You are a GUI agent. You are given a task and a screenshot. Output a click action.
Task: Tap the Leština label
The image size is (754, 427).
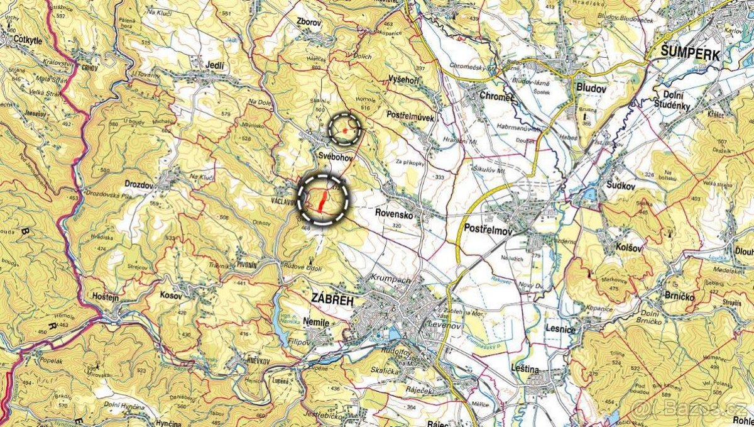[x=525, y=370]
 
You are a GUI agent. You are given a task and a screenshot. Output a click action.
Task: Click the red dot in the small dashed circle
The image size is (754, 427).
[x=345, y=130]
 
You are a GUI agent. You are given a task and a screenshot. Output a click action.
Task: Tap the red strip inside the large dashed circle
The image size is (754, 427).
[x=322, y=201]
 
